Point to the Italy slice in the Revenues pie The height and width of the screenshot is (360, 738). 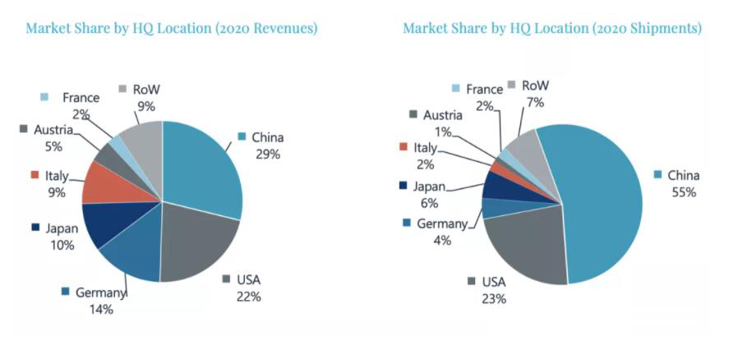point(103,182)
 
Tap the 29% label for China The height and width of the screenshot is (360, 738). point(268,154)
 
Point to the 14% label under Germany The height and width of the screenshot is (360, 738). point(101,309)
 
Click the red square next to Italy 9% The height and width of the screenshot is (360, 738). point(35,175)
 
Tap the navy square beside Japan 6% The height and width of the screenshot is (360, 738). point(404,186)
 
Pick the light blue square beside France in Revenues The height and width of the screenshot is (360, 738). point(46,97)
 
